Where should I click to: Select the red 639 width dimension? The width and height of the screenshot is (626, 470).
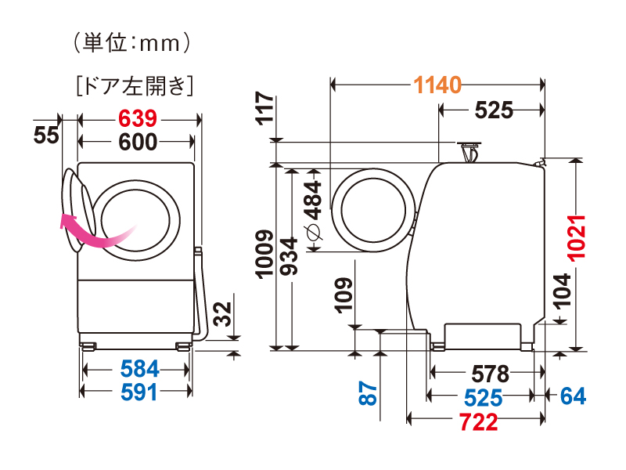(138, 119)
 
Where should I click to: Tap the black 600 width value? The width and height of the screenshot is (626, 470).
(138, 142)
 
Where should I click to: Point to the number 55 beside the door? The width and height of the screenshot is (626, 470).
(47, 136)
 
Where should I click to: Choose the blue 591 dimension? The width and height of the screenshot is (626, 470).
(138, 392)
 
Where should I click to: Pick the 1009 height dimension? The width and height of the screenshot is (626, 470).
(264, 255)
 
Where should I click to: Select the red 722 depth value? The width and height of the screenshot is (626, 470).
(478, 422)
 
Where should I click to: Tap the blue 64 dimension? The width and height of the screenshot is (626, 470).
(573, 396)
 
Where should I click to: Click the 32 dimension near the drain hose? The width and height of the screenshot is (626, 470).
(222, 315)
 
